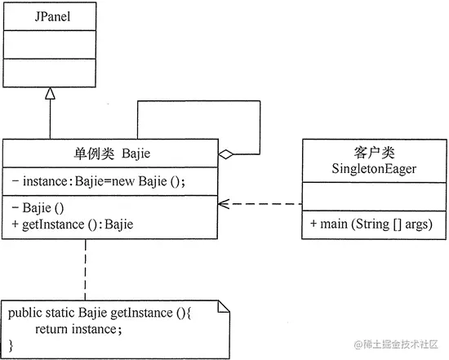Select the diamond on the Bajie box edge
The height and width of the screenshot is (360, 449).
tap(224, 153)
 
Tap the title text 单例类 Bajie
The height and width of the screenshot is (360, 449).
tap(111, 154)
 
